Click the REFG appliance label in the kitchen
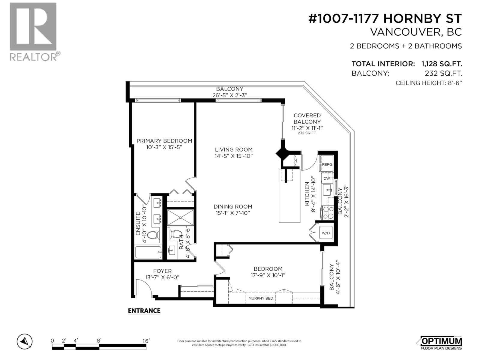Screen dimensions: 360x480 click(x=327, y=164)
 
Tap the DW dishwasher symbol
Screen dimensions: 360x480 click(x=327, y=178)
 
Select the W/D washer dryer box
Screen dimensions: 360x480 click(x=326, y=233)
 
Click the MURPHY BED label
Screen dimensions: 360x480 click(x=261, y=298)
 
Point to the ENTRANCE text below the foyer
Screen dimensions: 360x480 click(x=144, y=310)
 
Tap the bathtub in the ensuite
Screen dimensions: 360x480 click(x=148, y=252)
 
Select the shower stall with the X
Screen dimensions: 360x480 click(x=180, y=217)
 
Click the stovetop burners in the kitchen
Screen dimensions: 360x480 click(x=328, y=212)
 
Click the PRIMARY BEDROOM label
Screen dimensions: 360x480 click(x=164, y=141)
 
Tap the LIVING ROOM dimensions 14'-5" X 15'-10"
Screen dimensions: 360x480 click(x=234, y=156)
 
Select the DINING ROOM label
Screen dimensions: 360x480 click(x=233, y=206)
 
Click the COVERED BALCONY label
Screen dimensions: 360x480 click(x=307, y=118)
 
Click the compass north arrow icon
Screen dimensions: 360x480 click(x=25, y=341)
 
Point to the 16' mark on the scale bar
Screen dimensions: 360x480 click(x=146, y=340)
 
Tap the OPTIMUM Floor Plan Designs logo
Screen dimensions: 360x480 click(x=440, y=342)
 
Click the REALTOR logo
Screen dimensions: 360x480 click(x=33, y=31)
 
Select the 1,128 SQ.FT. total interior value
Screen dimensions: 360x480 click(x=441, y=64)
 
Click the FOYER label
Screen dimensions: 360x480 click(x=162, y=271)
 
